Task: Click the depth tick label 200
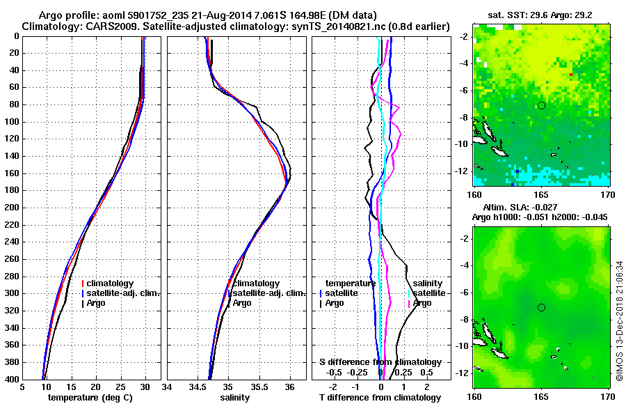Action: pyautogui.click(x=10, y=208)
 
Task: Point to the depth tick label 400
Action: pyautogui.click(x=10, y=379)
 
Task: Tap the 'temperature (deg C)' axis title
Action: pyautogui.click(x=91, y=398)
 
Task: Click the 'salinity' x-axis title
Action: pyautogui.click(x=233, y=398)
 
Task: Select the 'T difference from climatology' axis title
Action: pyautogui.click(x=380, y=398)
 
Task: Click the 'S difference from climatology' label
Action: pyautogui.click(x=380, y=362)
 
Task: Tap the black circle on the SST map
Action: pyautogui.click(x=541, y=105)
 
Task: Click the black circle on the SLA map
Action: pyautogui.click(x=541, y=307)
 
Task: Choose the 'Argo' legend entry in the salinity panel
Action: pyautogui.click(x=242, y=303)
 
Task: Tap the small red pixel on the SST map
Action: pyautogui.click(x=571, y=75)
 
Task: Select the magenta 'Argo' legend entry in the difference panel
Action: pyautogui.click(x=422, y=303)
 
